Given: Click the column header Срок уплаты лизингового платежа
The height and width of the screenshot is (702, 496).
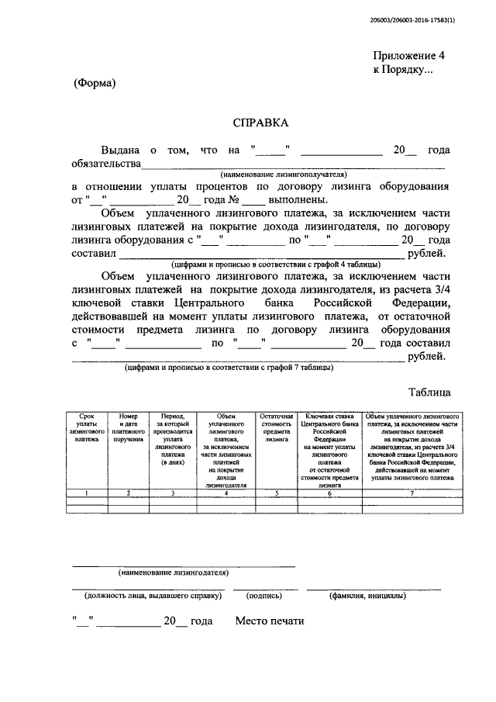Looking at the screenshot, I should tap(87, 427).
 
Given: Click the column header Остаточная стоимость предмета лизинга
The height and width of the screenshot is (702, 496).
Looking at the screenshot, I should tap(275, 427).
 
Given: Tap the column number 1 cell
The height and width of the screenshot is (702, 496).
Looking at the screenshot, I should tap(87, 493).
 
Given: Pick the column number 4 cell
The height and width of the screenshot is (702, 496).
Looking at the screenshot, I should tap(226, 493).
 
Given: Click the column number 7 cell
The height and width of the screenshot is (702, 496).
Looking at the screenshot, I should tap(412, 493).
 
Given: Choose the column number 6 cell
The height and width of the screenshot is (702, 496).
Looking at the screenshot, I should tap(329, 493).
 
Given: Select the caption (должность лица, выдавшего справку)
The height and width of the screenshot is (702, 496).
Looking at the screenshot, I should tap(147, 597).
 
